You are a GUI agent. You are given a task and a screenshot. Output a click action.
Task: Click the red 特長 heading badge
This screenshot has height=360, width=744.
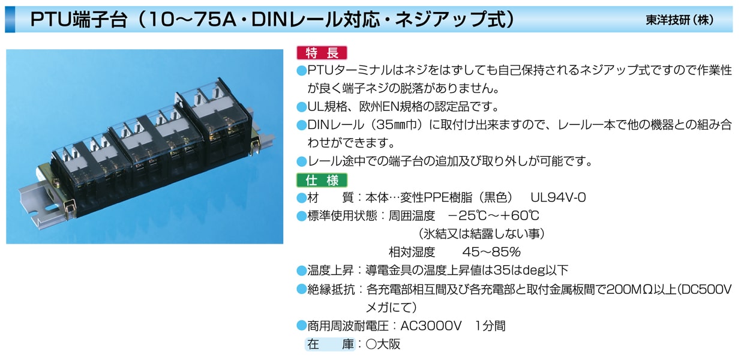click(322, 53)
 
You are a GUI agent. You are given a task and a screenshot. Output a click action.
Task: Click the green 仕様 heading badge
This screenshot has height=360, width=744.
click(322, 181)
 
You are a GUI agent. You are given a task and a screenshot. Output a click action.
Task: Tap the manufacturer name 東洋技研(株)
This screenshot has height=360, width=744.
click(680, 20)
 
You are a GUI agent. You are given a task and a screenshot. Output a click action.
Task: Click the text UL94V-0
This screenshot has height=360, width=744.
click(558, 197)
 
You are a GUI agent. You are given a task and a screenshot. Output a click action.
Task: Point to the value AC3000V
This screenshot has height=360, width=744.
click(431, 326)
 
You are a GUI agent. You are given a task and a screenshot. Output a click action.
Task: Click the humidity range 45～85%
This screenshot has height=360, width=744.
click(491, 252)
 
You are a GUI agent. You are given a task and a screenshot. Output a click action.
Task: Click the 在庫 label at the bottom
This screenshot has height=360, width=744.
click(330, 344)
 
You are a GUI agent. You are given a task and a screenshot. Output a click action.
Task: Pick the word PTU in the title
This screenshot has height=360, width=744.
click(52, 20)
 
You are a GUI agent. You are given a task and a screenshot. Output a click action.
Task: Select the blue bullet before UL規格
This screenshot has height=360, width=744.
click(301, 107)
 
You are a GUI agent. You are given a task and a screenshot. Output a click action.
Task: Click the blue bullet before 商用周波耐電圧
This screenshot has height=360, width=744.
click(301, 326)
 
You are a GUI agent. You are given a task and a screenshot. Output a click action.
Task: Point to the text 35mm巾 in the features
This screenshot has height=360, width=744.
click(397, 125)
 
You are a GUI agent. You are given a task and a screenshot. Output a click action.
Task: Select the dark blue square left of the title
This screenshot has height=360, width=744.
click(10, 20)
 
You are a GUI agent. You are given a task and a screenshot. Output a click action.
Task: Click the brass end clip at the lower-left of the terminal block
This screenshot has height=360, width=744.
click(69, 208)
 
